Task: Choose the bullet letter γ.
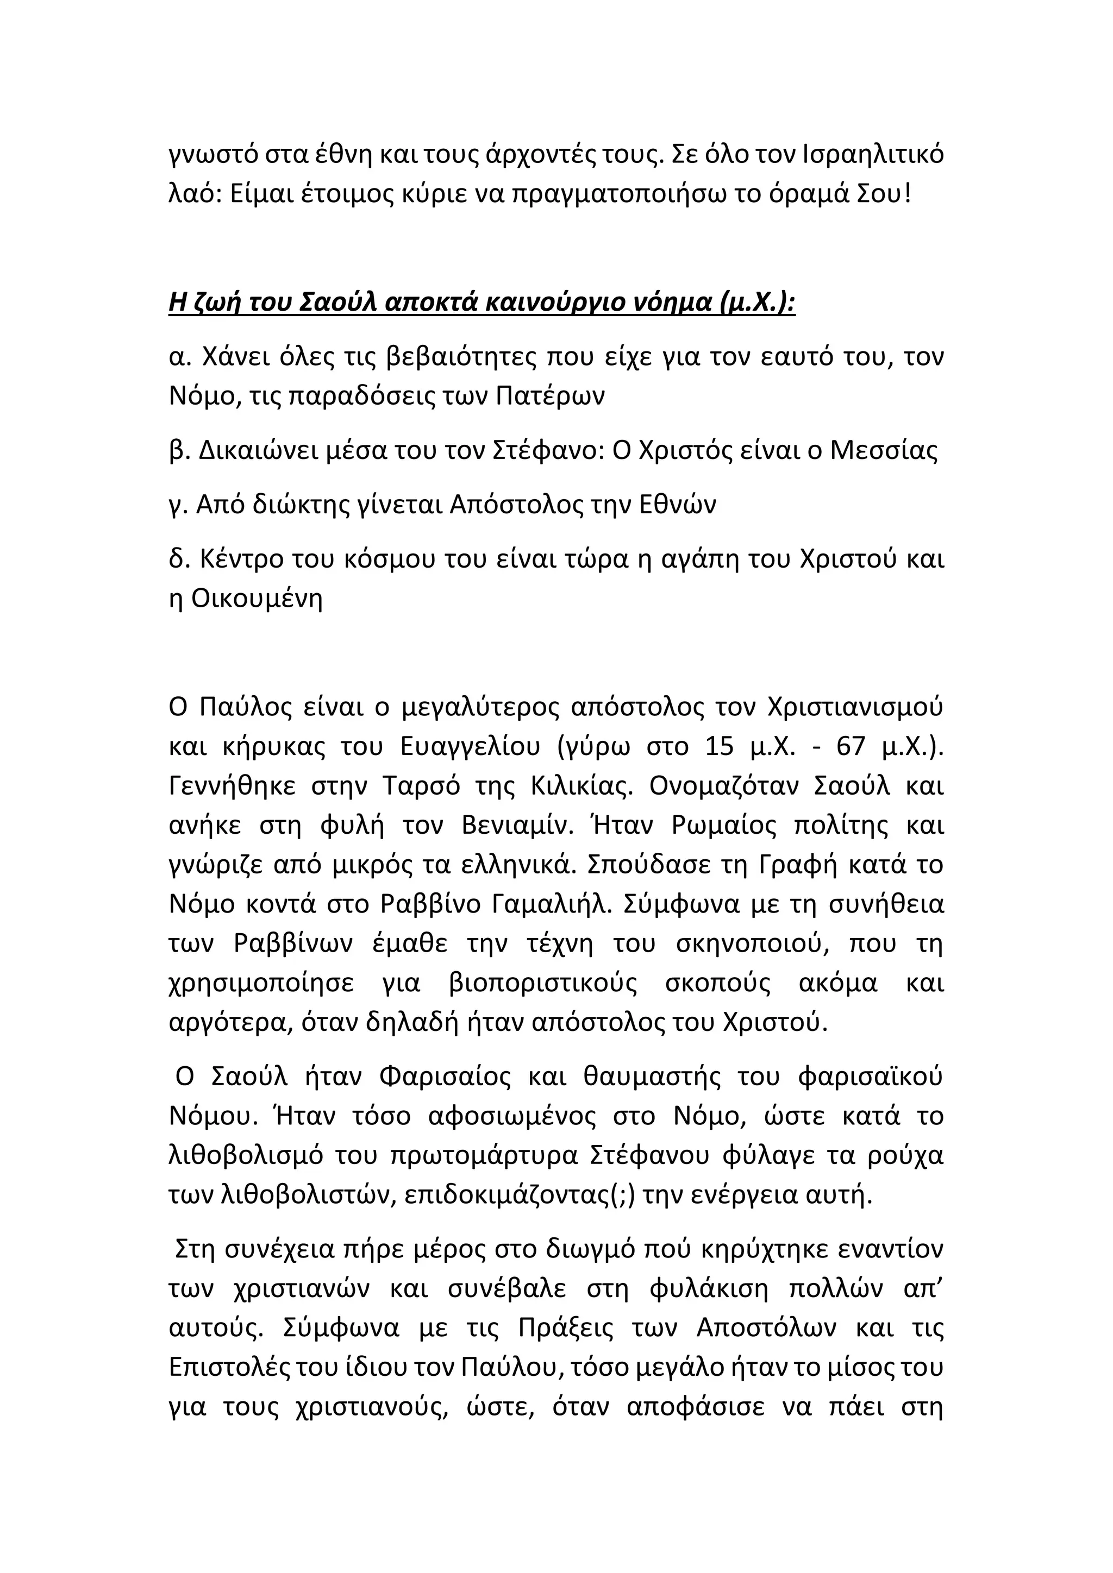pyautogui.click(x=178, y=506)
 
